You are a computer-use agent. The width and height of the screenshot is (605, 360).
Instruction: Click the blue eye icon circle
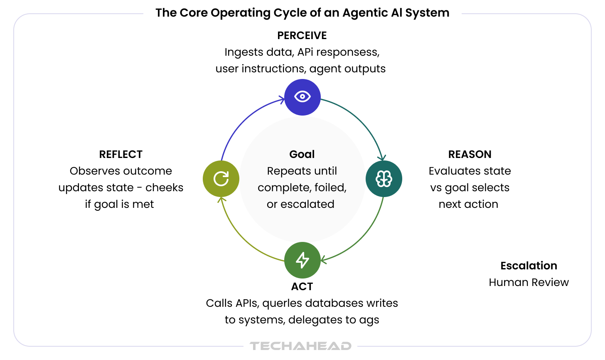point(302,97)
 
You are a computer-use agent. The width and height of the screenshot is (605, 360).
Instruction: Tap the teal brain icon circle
point(384,179)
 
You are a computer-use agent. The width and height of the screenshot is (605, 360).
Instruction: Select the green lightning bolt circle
point(302,260)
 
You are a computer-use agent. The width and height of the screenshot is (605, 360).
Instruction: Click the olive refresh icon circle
point(221,179)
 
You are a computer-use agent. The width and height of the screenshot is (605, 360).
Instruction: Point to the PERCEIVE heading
point(302,36)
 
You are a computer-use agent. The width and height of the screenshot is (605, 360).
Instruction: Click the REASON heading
point(470,155)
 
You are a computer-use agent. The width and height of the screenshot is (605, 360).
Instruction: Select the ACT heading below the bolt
point(302,287)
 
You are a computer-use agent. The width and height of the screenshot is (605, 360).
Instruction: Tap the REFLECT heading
point(121,155)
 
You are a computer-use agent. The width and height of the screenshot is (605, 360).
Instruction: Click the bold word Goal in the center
point(302,155)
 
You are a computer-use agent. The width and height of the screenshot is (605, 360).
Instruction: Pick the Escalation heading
point(529,266)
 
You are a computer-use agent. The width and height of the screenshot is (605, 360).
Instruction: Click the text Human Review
point(529,283)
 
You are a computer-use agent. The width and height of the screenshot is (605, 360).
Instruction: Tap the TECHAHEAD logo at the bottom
point(300,346)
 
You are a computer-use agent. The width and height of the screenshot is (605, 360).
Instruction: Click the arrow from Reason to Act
point(362,237)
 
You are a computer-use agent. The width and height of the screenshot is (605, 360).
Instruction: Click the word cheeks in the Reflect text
point(165,188)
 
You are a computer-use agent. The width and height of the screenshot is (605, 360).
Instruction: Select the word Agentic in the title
point(364,13)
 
